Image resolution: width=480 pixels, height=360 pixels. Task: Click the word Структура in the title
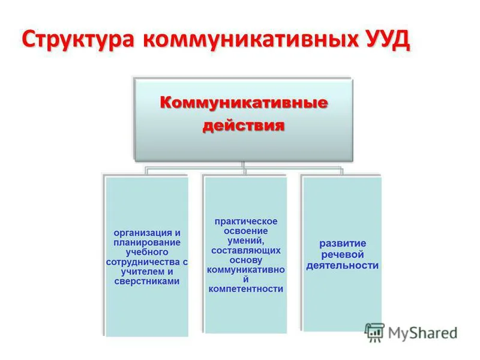pos(78,40)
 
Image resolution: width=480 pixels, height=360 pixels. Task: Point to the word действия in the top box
pos(243,126)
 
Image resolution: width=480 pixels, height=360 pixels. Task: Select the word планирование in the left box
pos(147,242)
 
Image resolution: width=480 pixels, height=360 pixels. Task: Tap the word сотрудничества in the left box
pos(143,262)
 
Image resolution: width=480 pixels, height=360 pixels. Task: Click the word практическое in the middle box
pos(246,221)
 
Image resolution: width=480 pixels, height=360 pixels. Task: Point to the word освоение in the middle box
pos(246,231)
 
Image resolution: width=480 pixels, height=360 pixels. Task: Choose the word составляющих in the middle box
pos(246,250)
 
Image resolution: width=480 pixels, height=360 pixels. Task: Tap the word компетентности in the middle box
pos(246,289)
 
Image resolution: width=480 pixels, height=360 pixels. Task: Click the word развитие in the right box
pos(343,244)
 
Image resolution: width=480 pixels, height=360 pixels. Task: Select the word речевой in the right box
pos(343,254)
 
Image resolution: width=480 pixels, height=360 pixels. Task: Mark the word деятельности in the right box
pos(343,265)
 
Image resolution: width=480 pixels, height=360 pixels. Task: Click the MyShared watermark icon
pos(375,332)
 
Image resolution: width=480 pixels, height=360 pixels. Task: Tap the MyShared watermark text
pos(422,332)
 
